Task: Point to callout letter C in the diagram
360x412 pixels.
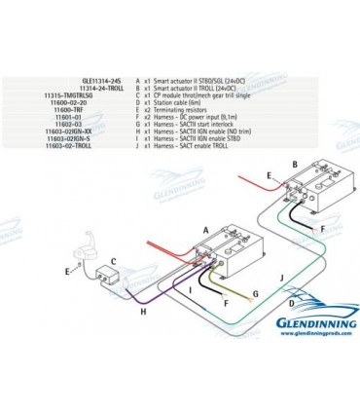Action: pyautogui.click(x=114, y=261)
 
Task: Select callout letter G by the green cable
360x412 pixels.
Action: pyautogui.click(x=255, y=293)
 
